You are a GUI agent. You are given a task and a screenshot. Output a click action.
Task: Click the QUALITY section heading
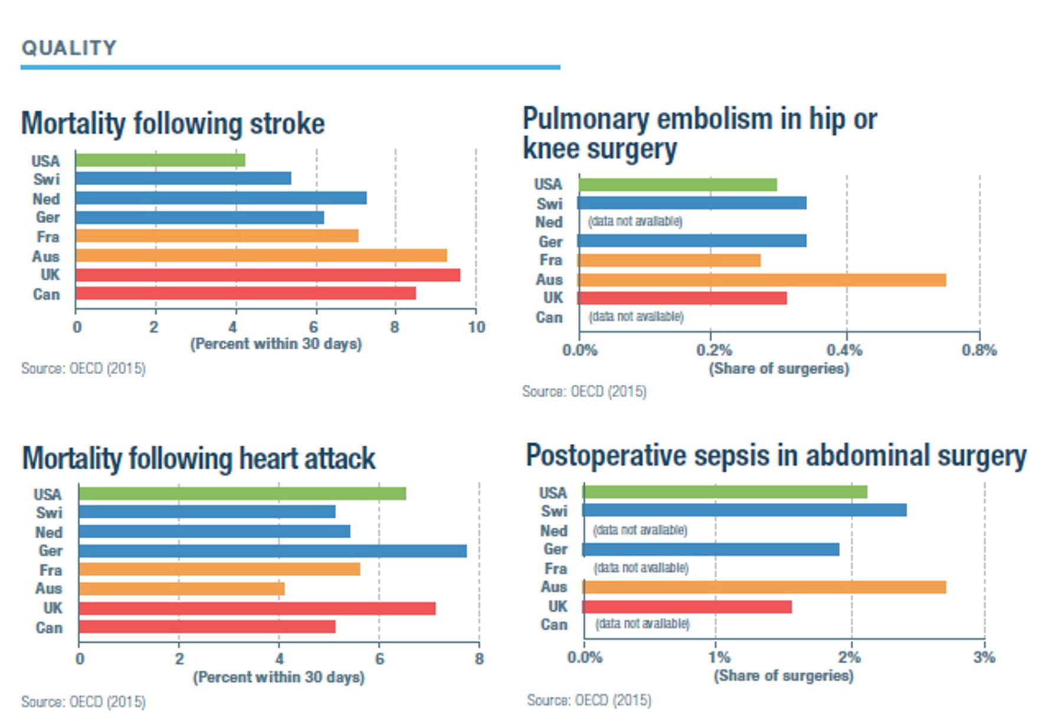[69, 48]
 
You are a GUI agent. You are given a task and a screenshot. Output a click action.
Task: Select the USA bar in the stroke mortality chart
[160, 160]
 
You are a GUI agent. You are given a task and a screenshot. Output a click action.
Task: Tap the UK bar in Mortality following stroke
[268, 275]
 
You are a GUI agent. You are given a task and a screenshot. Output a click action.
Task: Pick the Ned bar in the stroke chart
[221, 198]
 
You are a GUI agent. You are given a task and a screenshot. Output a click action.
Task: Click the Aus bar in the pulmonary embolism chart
[762, 280]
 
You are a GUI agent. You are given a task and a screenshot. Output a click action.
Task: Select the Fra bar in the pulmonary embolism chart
[669, 260]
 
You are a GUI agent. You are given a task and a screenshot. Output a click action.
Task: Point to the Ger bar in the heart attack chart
[273, 551]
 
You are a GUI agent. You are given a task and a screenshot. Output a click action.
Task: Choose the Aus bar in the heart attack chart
[182, 589]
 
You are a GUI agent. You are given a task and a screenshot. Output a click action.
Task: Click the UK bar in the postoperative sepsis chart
[687, 607]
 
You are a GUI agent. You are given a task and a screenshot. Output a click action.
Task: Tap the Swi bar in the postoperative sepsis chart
[745, 510]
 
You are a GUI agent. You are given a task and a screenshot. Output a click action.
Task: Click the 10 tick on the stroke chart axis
[477, 327]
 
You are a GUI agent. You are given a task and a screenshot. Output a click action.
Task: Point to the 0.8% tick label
[979, 351]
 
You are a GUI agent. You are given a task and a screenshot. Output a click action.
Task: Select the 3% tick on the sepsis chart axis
[984, 657]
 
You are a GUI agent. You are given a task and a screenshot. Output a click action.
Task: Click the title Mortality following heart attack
[199, 459]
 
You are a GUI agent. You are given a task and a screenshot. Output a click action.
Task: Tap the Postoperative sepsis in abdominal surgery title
[776, 456]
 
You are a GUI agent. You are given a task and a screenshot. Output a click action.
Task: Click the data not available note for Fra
[641, 568]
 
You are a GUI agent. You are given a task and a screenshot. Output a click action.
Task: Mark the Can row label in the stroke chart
[47, 295]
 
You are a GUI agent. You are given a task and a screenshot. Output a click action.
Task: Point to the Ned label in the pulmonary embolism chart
[549, 223]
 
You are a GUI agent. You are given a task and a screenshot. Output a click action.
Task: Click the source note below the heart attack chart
[83, 702]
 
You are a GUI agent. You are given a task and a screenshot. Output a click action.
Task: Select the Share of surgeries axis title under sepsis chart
[784, 676]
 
